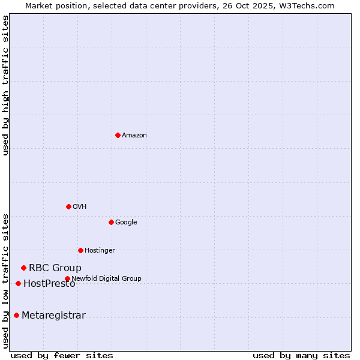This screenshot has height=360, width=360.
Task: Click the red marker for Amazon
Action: pos(118,135)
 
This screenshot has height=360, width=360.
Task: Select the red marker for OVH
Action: pos(68,206)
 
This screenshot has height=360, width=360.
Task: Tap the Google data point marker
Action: pos(111,222)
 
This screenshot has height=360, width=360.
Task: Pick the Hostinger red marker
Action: pos(80,250)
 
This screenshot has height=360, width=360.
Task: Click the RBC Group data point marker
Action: pos(23,268)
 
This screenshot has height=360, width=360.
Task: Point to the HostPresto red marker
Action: pos(18,283)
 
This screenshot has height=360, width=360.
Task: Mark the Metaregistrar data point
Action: pos(16,315)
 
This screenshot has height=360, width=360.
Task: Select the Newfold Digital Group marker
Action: pos(67,278)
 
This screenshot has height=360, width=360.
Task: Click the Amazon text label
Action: pos(134,135)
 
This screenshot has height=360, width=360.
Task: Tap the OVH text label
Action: pos(80,206)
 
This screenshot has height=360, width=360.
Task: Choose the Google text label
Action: pos(126,222)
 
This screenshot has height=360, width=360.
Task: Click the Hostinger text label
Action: pos(100,250)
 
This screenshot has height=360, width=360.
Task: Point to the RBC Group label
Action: pos(55,268)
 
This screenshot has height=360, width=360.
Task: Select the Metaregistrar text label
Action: pos(53,315)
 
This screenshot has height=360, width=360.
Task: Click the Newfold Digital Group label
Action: pos(106,278)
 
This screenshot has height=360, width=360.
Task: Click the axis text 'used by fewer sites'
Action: pos(62,355)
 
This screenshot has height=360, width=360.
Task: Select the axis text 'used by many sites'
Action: pos(301,355)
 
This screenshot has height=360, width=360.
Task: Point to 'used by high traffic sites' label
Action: pos(6,85)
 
